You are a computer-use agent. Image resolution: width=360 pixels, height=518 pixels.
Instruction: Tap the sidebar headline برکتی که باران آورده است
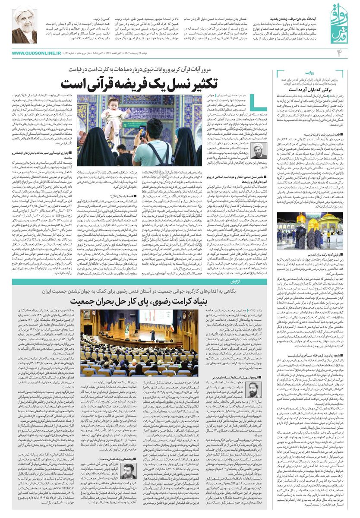coord(305,88)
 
